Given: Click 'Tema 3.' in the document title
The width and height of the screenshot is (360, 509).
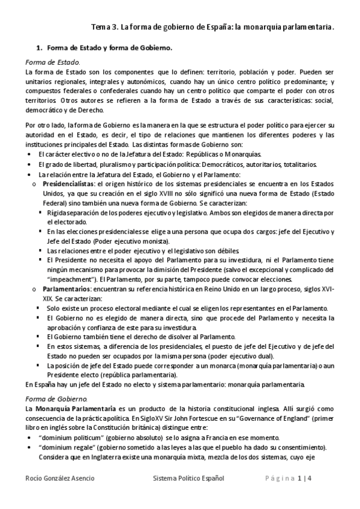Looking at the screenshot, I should [x=104, y=27].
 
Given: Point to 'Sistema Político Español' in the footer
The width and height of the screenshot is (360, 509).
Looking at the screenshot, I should [x=188, y=478].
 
